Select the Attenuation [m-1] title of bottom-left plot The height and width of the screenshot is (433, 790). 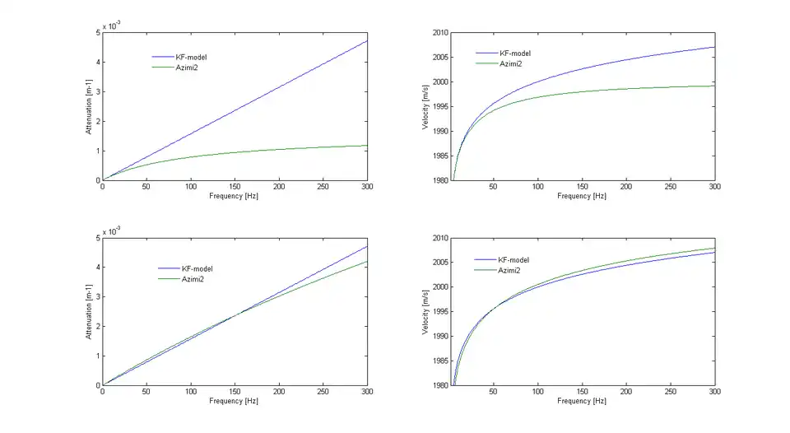(x=89, y=312)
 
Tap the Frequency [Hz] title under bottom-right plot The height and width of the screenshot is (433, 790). (x=582, y=401)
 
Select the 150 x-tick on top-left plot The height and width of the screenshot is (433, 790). (x=235, y=187)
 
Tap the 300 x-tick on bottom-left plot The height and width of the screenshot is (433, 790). (x=367, y=392)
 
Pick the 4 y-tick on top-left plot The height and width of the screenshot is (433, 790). (x=99, y=63)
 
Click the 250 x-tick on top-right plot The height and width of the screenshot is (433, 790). (x=671, y=187)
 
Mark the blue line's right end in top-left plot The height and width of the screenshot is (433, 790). (x=368, y=40)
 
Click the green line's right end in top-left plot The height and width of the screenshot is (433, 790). (x=368, y=146)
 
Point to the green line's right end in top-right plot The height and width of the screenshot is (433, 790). (x=714, y=86)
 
